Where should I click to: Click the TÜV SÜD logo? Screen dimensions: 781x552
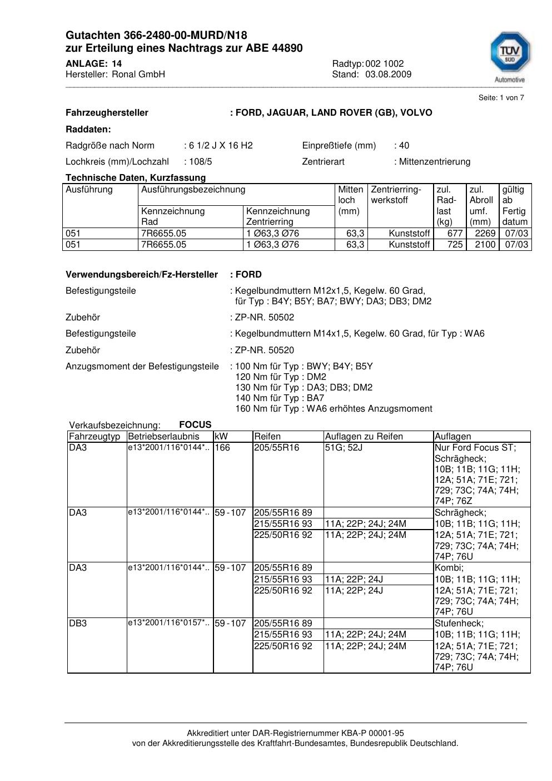coord(509,56)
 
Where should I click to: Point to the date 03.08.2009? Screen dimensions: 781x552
coord(388,75)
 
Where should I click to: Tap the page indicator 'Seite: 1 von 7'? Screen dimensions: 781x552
coord(501,98)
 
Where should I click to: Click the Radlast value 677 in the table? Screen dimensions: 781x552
coord(455,234)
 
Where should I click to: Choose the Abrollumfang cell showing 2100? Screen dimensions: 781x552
coord(485,245)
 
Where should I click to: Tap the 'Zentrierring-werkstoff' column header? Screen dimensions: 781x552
coord(396,195)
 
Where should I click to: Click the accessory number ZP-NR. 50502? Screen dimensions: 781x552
coord(264,318)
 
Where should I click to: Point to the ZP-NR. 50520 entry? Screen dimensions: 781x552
coord(264,350)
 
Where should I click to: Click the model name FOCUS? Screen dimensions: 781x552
coord(195,425)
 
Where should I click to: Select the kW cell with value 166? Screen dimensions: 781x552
coord(222,448)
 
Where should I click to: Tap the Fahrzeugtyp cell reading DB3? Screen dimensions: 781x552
coord(78,624)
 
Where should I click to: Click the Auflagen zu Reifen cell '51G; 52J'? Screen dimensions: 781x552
coord(344,448)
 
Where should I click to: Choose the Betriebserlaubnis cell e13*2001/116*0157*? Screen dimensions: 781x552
coord(168,623)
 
